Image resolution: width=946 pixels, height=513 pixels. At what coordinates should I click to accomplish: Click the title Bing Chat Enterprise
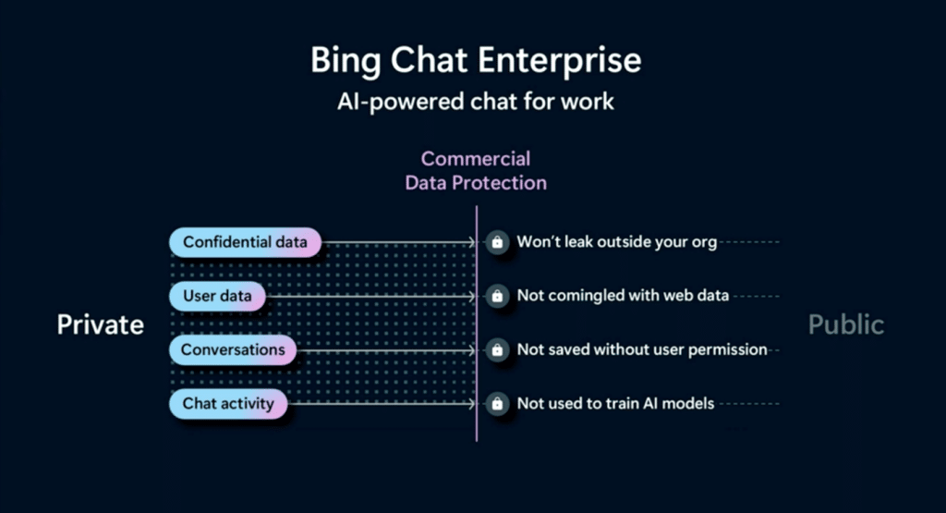click(476, 62)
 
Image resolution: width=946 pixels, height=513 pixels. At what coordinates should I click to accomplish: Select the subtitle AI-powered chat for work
click(476, 101)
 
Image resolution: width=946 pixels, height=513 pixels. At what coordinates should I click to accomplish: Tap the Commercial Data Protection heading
click(476, 170)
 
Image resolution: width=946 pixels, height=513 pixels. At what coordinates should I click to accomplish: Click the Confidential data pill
click(245, 242)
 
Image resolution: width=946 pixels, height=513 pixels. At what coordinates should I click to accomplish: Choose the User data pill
click(218, 296)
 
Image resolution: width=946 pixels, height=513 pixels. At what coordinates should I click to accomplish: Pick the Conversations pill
click(233, 350)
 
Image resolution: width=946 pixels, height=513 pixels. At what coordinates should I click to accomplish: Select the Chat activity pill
click(228, 404)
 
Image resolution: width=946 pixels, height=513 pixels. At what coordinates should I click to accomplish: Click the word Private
click(101, 324)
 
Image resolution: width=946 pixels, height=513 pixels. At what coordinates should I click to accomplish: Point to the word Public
click(846, 324)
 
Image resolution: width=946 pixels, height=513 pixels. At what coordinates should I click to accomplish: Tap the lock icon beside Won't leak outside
click(498, 242)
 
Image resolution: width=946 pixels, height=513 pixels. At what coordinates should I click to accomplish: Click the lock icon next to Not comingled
click(498, 296)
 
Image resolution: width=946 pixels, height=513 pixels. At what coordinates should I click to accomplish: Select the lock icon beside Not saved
click(498, 350)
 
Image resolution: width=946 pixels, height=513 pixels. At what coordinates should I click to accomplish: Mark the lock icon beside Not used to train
click(498, 404)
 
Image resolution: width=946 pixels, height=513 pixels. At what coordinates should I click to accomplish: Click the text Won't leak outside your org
click(616, 242)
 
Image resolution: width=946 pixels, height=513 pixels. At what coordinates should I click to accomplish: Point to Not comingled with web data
click(623, 296)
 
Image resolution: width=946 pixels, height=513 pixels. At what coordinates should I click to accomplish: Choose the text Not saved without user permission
click(642, 350)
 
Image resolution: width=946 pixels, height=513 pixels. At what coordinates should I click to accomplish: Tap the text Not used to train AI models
click(615, 404)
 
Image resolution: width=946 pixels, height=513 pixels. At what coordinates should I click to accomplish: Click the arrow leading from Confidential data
click(397, 243)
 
